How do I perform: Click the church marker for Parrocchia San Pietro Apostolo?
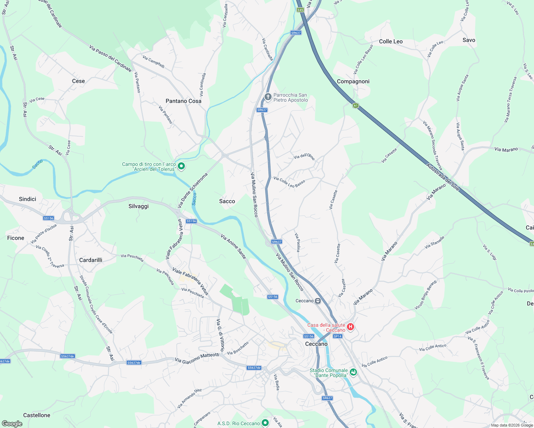[x=268, y=97]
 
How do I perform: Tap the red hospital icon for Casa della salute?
[x=350, y=327]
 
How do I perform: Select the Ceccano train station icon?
[x=317, y=301]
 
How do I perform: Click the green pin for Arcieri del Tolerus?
[x=181, y=166]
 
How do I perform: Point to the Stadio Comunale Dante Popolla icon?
[x=353, y=372]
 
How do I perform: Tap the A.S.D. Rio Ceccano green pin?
[x=265, y=423]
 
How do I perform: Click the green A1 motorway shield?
[x=356, y=106]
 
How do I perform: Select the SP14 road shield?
[x=337, y=336]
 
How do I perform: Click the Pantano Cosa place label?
[x=183, y=101]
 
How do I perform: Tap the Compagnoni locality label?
[x=353, y=81]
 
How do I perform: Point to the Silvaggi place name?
[x=138, y=206]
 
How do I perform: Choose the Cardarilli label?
[x=91, y=260]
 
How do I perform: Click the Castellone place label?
[x=37, y=415]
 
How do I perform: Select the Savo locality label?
[x=469, y=40]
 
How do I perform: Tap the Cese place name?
[x=79, y=81]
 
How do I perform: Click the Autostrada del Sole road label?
[x=442, y=177]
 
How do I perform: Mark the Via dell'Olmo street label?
[x=304, y=156]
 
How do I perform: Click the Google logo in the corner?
[x=12, y=423]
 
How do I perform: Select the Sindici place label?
[x=27, y=199]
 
